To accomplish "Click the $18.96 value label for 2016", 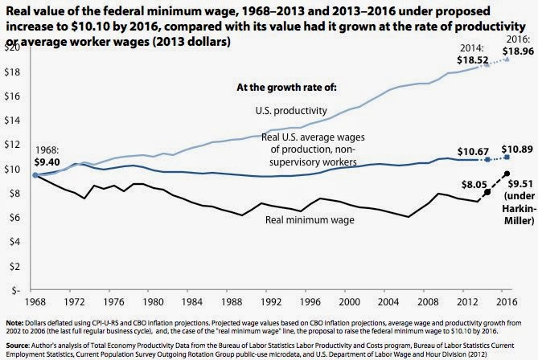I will [514, 51].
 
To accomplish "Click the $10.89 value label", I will [514, 150].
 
